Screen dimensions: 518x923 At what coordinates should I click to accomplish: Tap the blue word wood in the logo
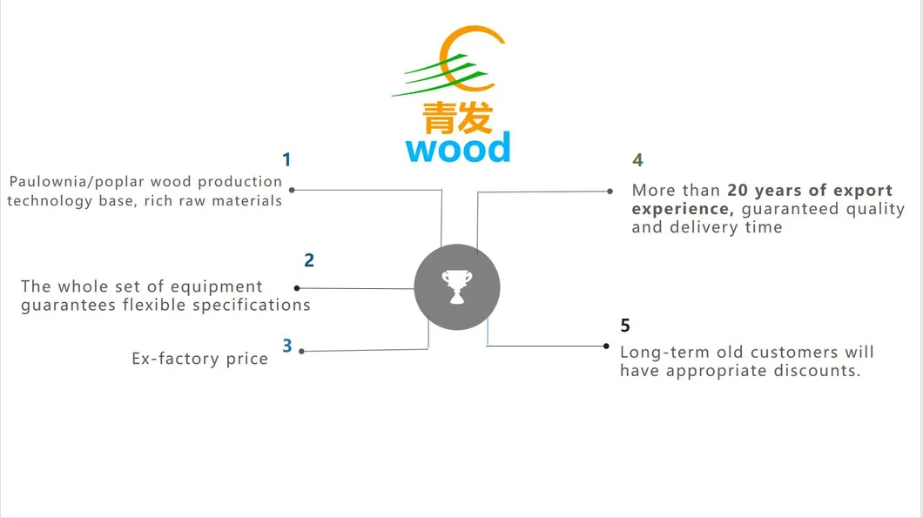coord(458,148)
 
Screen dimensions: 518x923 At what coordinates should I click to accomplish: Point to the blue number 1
coord(286,160)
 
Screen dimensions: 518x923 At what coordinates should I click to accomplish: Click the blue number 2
coord(309,260)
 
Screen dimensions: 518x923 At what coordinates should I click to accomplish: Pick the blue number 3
coord(287,346)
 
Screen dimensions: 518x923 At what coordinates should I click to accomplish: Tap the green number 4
coord(637,160)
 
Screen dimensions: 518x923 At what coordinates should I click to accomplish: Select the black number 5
coord(625,326)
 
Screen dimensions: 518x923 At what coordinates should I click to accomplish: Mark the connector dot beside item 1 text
coord(292,190)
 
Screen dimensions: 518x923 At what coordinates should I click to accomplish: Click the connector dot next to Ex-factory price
coord(302,351)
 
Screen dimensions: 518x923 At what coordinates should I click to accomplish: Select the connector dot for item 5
coord(607,346)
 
